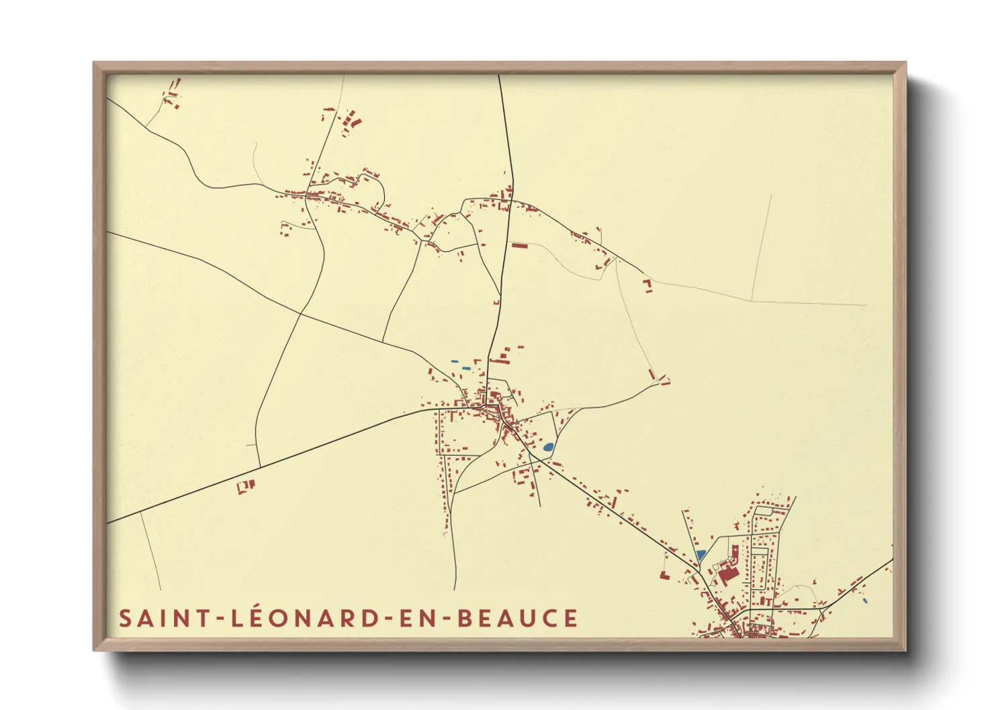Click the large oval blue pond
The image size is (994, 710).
[x=548, y=447]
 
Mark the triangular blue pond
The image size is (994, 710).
[x=701, y=556]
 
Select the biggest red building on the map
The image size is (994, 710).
[x=728, y=574]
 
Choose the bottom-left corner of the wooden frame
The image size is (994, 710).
[x=95, y=650]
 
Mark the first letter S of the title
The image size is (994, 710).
[x=125, y=618]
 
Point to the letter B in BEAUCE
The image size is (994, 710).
[x=464, y=618]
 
